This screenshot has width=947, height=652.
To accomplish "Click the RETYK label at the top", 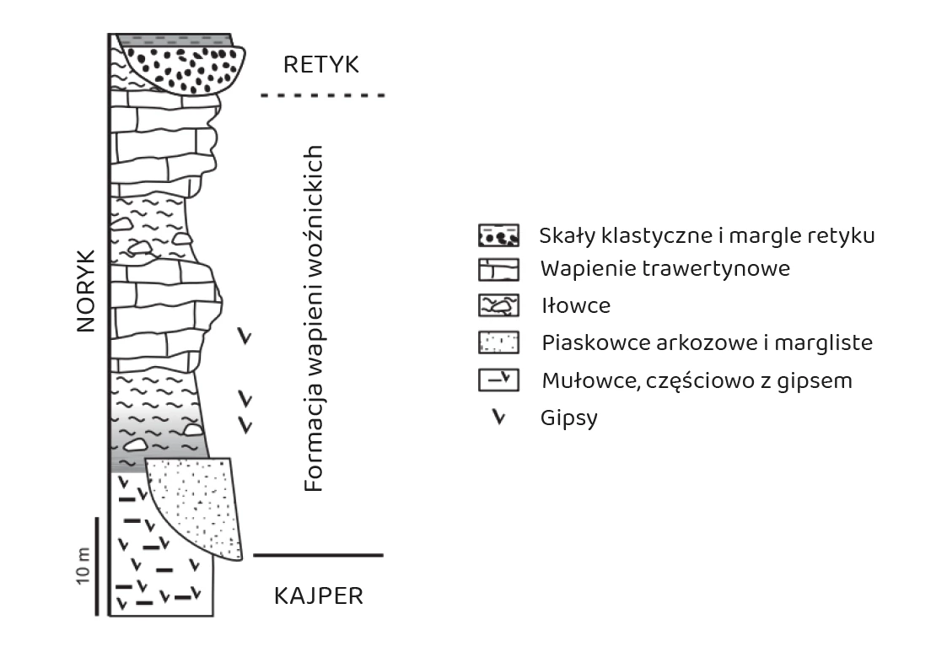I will pyautogui.click(x=321, y=64).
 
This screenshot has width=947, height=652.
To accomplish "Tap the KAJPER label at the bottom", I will pyautogui.click(x=319, y=596).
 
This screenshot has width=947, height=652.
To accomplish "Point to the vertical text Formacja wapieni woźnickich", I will pyautogui.click(x=314, y=319).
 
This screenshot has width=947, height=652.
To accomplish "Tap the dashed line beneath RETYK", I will pyautogui.click(x=323, y=96).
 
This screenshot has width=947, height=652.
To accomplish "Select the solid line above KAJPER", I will pyautogui.click(x=319, y=556).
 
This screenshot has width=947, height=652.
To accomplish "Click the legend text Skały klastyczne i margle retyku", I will pyautogui.click(x=707, y=235).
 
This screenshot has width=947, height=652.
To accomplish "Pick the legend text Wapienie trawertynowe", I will pyautogui.click(x=665, y=270).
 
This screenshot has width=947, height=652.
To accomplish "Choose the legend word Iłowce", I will pyautogui.click(x=576, y=306).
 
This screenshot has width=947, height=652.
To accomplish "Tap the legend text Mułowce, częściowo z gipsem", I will pyautogui.click(x=697, y=380).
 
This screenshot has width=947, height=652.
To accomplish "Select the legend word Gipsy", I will pyautogui.click(x=570, y=418).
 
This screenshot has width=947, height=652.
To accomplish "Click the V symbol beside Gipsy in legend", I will pyautogui.click(x=499, y=418).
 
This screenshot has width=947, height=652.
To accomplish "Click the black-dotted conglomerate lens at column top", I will pyautogui.click(x=185, y=66).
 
